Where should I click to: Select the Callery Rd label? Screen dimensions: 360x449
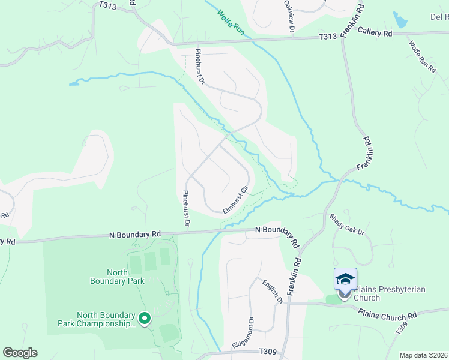375,32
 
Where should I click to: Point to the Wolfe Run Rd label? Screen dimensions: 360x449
422,57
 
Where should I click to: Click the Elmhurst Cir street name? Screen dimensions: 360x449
235,200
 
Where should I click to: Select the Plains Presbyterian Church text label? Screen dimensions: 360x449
389,293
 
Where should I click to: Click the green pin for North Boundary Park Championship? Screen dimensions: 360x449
144,319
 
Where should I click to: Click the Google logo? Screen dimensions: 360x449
20,353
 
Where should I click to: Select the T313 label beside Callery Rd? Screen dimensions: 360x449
327,37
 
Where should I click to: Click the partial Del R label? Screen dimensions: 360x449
439,17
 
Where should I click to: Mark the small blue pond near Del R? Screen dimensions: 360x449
400,20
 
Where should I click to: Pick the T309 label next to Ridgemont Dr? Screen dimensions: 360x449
267,352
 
